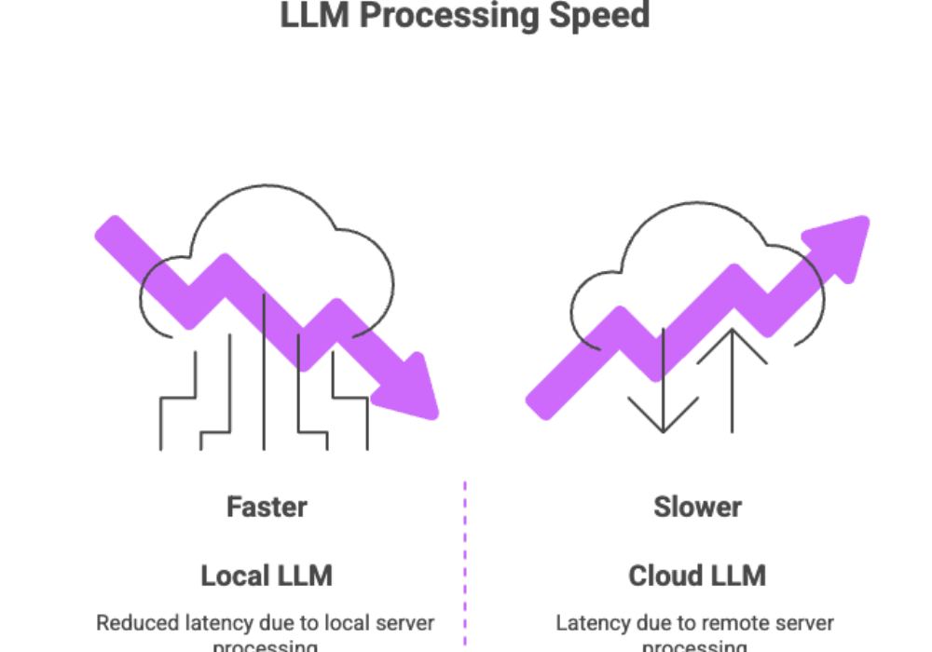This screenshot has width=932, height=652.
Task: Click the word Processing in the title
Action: tap(466, 16)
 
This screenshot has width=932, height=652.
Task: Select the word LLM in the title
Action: tap(317, 16)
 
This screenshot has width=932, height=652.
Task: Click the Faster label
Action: tap(267, 508)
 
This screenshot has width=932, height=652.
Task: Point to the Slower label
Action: tap(697, 508)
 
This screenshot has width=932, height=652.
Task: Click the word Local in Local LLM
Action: tap(232, 576)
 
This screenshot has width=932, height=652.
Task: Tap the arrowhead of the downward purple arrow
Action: tap(416, 387)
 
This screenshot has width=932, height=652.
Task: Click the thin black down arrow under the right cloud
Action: tap(662, 391)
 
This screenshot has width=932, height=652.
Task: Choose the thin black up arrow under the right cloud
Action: tap(733, 373)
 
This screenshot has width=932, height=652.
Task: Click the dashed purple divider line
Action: tap(465, 559)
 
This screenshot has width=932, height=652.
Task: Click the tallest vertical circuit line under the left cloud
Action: tap(266, 373)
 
